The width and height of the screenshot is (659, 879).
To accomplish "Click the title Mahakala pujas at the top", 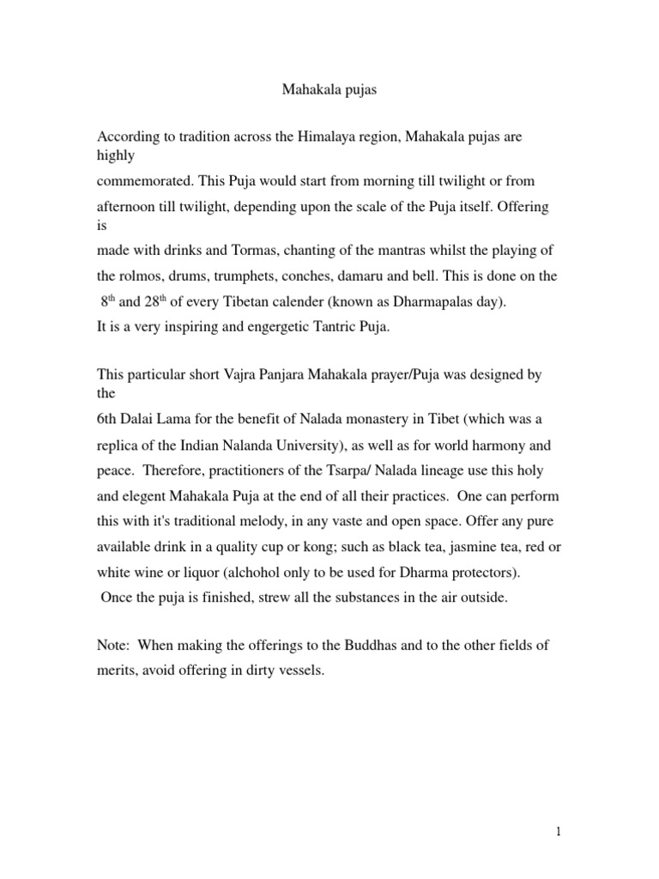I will coord(329,89).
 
